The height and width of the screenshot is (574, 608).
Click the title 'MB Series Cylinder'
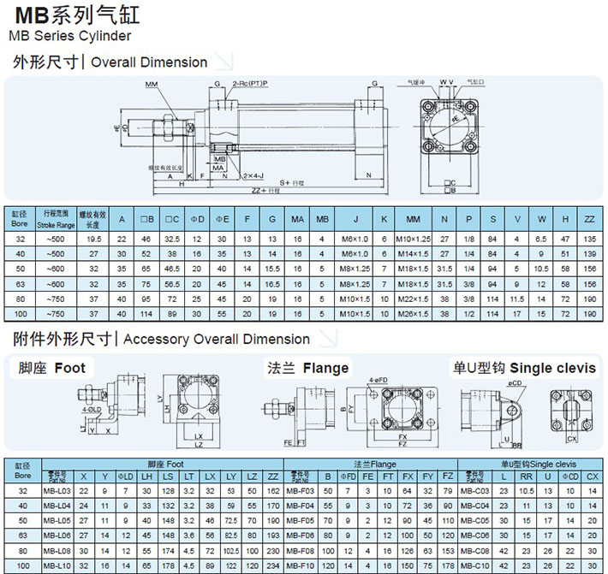pos(69,36)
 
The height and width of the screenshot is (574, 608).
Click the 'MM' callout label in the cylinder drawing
pos(152,84)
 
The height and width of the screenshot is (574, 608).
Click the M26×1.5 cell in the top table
pos(413,315)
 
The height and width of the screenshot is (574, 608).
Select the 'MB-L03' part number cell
pos(57,490)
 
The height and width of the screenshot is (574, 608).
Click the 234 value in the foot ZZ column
pos(273,565)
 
